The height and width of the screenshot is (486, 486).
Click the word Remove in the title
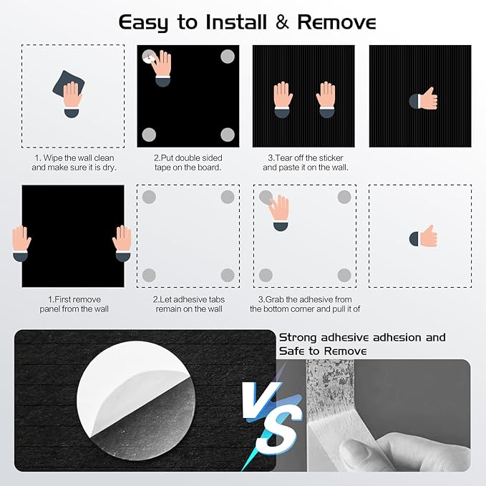336,22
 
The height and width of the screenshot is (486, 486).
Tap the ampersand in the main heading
282,22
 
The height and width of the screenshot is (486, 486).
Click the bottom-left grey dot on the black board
149,135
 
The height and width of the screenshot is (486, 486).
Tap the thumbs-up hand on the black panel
424,99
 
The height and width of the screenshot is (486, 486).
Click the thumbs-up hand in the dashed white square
424,236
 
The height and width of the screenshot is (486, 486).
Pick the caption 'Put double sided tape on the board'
188,162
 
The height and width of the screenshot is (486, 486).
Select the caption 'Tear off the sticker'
306,157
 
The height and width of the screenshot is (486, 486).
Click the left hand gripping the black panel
21,243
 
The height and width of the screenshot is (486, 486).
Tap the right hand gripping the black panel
122,243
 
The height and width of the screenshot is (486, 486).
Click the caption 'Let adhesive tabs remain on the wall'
189,304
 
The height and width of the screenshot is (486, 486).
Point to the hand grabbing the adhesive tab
280,213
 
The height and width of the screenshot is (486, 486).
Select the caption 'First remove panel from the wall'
74,304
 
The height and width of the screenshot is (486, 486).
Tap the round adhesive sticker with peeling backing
136,401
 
